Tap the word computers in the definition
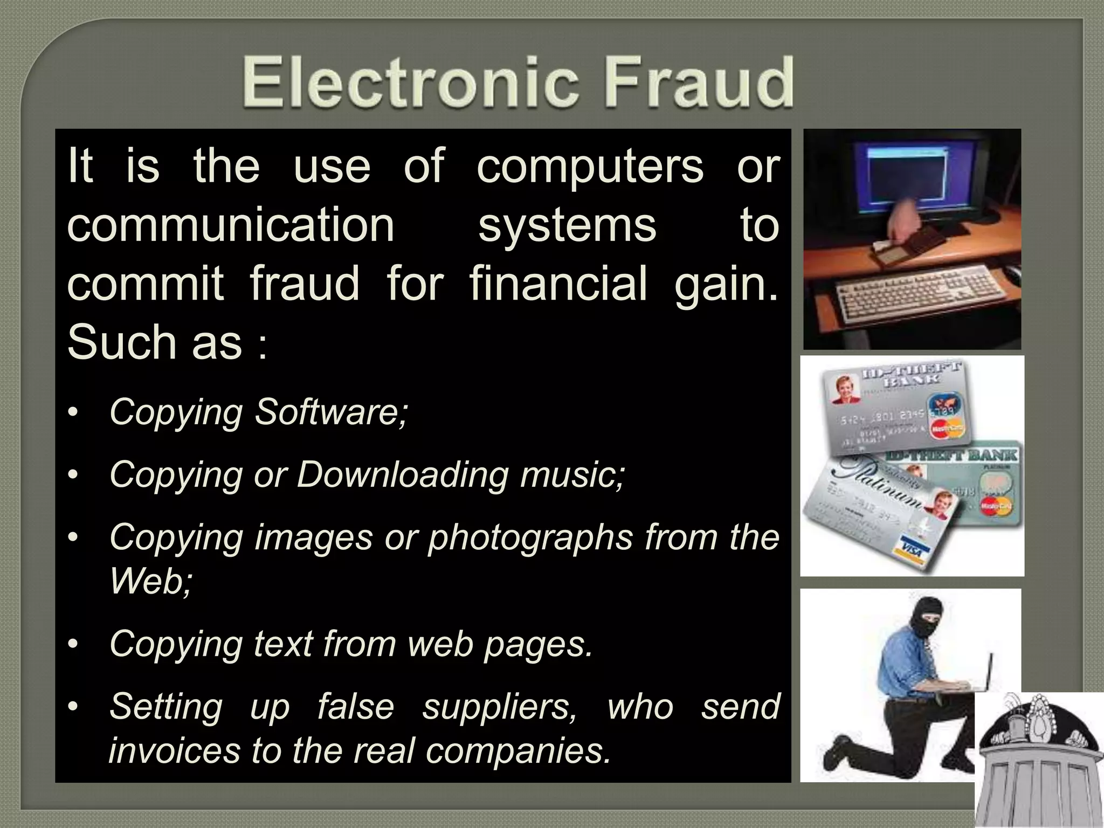coord(590,166)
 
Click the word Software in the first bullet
coord(331,412)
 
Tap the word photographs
coord(530,537)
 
